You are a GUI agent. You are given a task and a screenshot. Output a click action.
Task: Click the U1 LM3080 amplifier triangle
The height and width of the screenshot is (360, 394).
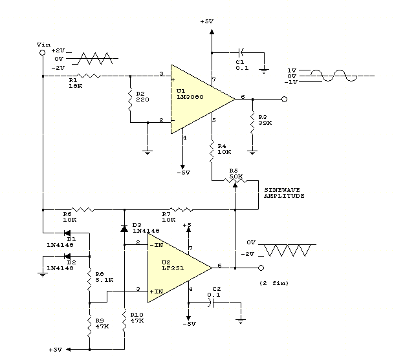click(x=197, y=99)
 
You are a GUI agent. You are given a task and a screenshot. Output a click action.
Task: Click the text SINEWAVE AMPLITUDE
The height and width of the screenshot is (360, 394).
click(x=283, y=192)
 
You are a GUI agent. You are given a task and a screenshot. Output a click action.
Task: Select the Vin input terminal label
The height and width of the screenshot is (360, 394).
click(x=44, y=44)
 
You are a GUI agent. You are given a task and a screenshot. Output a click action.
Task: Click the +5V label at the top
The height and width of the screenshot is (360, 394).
click(x=206, y=21)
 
